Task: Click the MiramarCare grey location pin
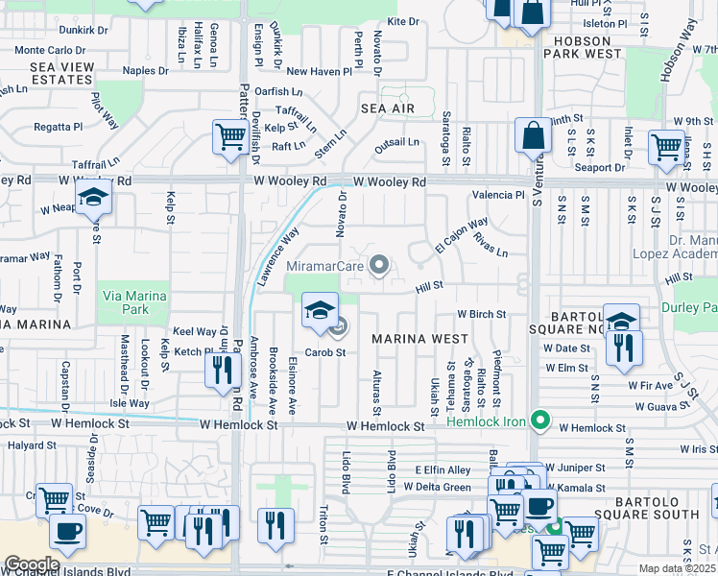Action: (x=381, y=266)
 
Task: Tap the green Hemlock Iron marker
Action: (x=541, y=419)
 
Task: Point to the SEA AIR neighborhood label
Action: (x=388, y=108)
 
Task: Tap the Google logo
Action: (x=31, y=564)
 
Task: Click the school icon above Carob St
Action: (x=321, y=310)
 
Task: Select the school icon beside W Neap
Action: (x=94, y=198)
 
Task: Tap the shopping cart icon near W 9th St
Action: (x=666, y=147)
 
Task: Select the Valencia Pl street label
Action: (x=497, y=195)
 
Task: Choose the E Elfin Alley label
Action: (x=443, y=469)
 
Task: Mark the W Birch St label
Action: (x=481, y=314)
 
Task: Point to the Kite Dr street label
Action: (x=403, y=21)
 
